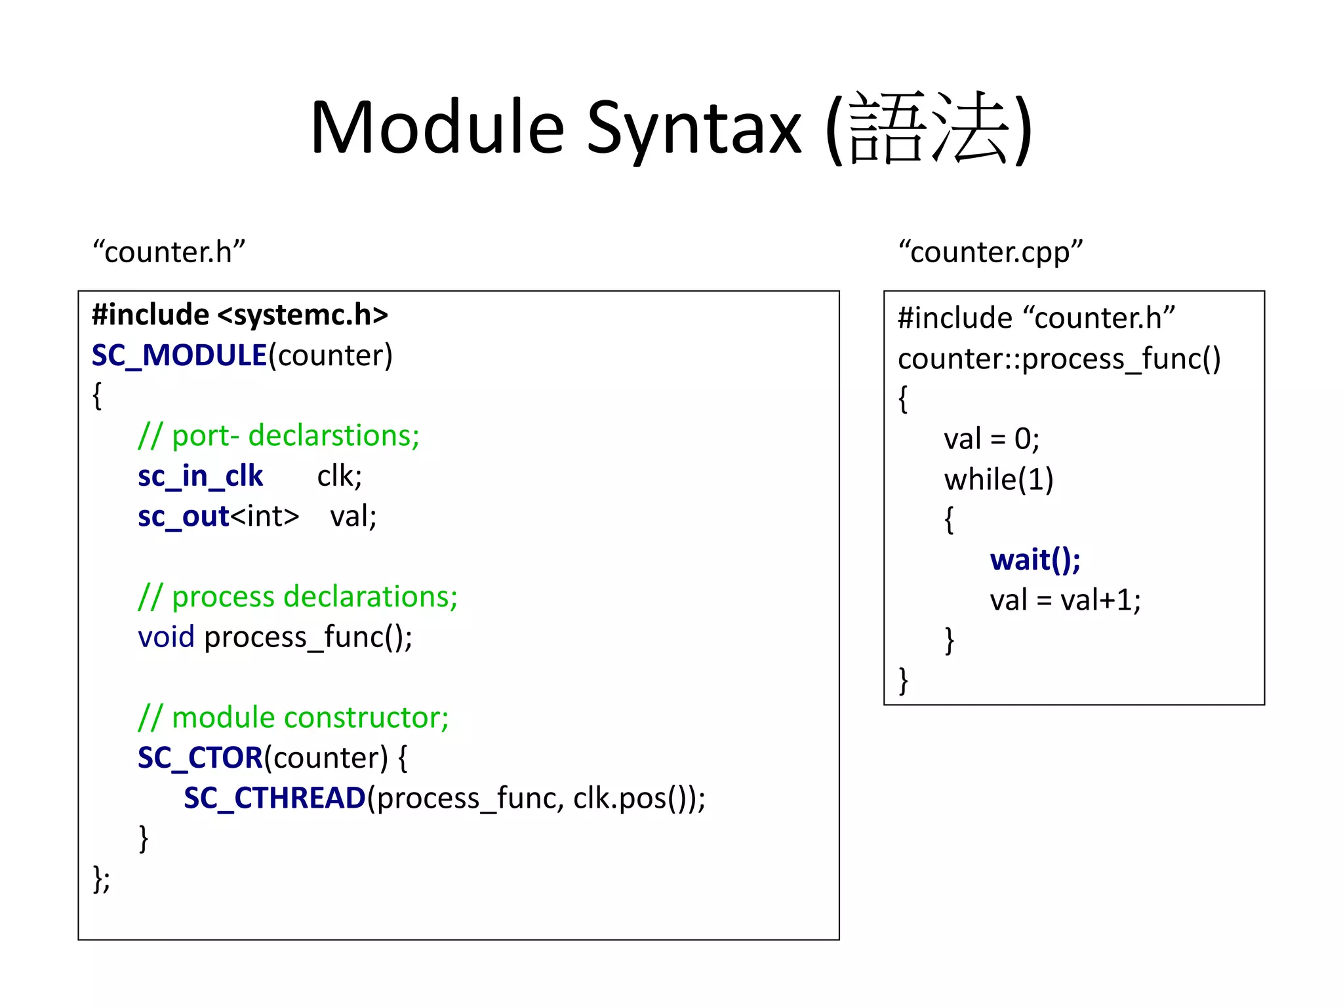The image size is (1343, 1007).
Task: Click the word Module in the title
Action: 437,128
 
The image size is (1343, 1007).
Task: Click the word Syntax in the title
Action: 694,128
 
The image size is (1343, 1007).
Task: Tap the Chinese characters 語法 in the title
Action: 927,128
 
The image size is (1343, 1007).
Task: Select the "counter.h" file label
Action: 169,252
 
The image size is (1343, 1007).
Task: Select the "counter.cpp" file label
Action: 990,252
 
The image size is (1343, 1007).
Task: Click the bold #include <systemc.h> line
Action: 239,315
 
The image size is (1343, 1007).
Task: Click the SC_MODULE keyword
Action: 179,355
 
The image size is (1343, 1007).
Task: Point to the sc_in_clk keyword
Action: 200,476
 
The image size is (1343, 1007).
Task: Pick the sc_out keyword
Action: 183,517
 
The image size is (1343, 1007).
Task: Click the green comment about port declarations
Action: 279,436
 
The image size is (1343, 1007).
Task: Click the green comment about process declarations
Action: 298,597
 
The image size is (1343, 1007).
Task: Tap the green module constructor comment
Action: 293,717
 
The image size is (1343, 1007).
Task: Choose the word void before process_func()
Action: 166,637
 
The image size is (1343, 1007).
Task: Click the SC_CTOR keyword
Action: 200,758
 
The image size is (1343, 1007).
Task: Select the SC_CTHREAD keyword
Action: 274,798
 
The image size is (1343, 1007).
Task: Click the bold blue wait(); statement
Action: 1035,560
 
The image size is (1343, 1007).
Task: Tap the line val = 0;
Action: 991,439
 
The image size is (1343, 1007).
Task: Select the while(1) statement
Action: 998,479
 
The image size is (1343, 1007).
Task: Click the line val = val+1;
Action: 1065,600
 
